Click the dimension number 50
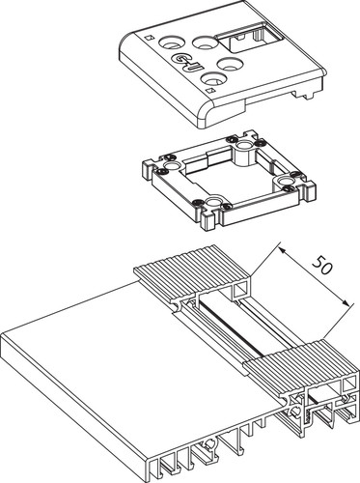(321, 265)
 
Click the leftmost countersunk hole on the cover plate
(172, 43)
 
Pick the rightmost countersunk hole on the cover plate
(230, 64)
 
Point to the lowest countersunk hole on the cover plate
(212, 78)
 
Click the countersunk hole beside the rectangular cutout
(205, 43)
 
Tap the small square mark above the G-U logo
(148, 38)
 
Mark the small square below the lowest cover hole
(210, 91)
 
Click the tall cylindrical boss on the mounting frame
(245, 152)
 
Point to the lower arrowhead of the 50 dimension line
(346, 303)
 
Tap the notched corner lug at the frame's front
(210, 221)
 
